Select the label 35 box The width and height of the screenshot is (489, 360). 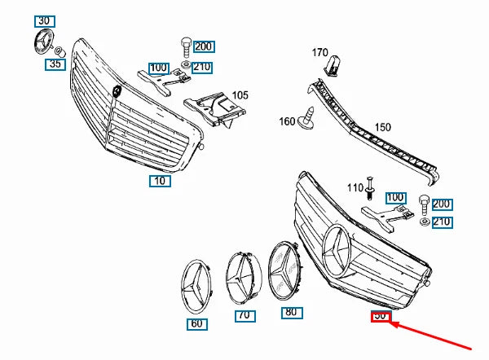pos(55,63)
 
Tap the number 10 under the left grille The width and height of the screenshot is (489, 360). pos(160,181)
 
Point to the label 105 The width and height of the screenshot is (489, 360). pos(240,95)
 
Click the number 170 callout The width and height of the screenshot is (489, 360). pos(319,53)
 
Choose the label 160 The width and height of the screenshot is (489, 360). pos(287,122)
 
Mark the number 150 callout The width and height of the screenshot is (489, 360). pos(382,128)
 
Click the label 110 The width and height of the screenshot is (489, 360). pos(355,188)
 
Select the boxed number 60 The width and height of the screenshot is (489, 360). pos(196,323)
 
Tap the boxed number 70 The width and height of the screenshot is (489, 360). pos(243,314)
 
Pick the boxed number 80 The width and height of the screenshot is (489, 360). pos(290,310)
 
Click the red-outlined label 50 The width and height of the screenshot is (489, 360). pos(381,317)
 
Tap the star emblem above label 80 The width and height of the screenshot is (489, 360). pos(288,272)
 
